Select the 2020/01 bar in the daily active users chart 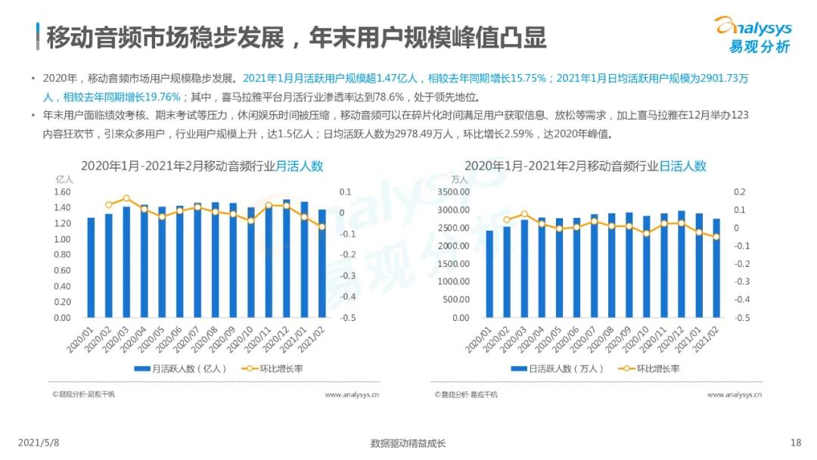[489, 274]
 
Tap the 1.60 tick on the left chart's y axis [62, 192]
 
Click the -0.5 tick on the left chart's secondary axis [347, 318]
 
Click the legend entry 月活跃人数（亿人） [175, 369]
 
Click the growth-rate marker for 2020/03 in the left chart [126, 198]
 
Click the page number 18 [795, 443]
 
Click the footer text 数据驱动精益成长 [408, 443]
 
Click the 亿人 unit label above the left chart [64, 180]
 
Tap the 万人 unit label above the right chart [459, 180]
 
